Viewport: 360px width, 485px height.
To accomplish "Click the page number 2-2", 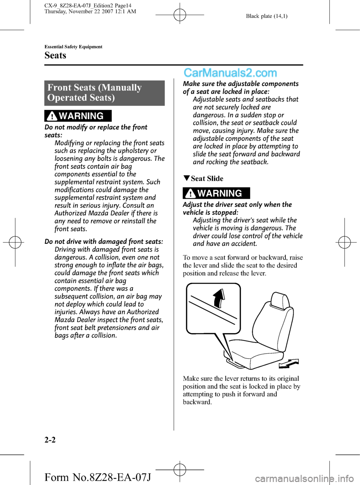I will coord(50,440).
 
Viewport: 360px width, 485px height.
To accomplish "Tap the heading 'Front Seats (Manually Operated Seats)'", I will coord(94,93).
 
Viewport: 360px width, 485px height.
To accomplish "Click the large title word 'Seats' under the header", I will coord(55,56).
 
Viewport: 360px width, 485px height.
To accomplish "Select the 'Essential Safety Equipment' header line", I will coord(73,47).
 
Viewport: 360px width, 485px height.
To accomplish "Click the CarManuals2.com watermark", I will coord(230,73).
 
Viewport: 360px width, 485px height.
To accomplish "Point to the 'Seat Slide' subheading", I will coord(207,179).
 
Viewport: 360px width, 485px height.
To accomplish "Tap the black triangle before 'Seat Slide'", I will coord(186,178).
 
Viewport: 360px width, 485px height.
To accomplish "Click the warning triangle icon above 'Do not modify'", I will coord(52,116).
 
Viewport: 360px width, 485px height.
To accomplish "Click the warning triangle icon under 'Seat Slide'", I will coord(190,194).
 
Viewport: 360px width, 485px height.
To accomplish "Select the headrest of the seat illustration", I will coord(279,300).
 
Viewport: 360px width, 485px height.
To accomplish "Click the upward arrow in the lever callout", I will coord(219,298).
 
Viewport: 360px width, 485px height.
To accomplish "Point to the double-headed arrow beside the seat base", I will coord(289,363).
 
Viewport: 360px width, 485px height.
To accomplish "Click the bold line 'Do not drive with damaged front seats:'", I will coord(104,242).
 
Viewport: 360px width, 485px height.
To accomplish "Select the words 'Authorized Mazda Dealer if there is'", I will coord(106,213).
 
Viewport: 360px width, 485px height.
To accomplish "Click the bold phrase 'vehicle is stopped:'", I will coord(210,212).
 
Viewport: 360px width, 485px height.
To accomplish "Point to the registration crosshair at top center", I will coord(180,15).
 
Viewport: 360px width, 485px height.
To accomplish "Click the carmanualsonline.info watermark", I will coord(304,479).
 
